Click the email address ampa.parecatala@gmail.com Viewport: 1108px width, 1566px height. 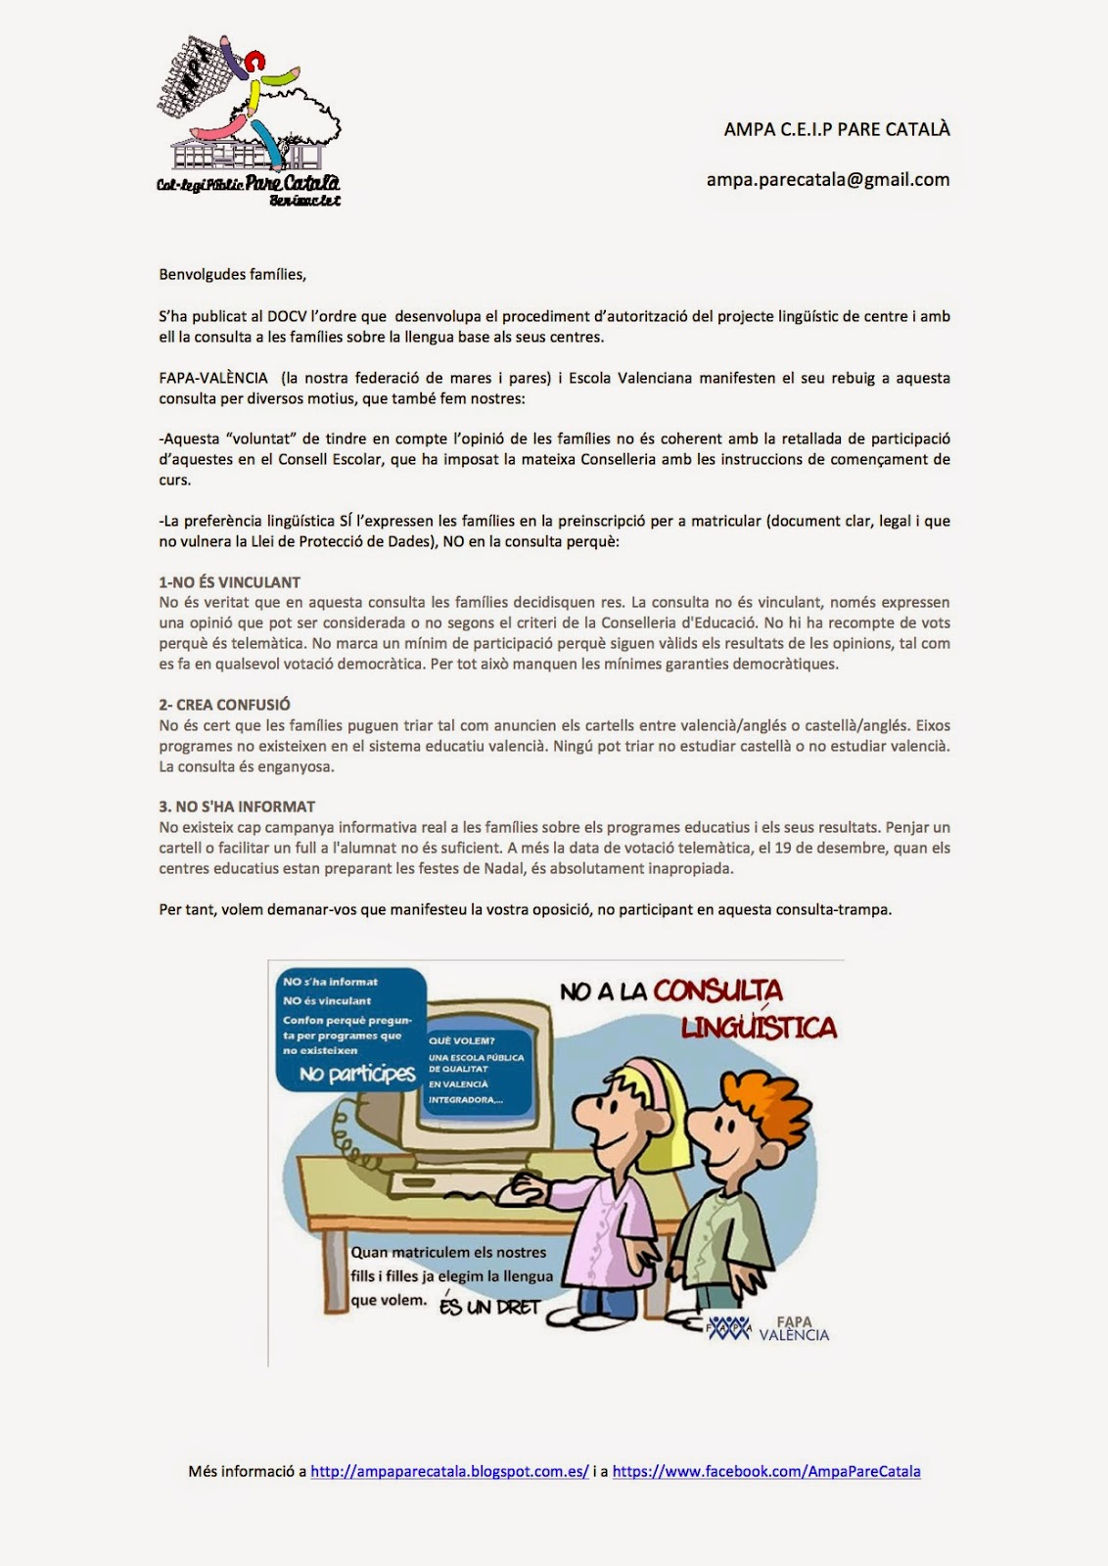(x=827, y=179)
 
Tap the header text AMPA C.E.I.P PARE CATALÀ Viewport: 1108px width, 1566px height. (x=837, y=129)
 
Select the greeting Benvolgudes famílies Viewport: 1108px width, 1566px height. (x=232, y=274)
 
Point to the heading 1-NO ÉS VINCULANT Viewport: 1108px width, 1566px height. (x=229, y=581)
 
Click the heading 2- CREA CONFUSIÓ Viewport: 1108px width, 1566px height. (x=224, y=705)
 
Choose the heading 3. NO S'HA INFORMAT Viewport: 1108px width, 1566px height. (x=237, y=806)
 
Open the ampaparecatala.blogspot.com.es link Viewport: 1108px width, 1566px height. (x=449, y=1471)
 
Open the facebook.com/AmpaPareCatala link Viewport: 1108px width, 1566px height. (x=766, y=1471)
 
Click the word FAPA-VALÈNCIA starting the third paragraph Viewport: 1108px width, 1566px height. (x=213, y=378)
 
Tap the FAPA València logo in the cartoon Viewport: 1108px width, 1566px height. (x=768, y=1328)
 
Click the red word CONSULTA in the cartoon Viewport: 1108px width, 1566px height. (x=717, y=990)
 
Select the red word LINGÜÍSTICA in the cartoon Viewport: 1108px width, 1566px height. (x=759, y=1027)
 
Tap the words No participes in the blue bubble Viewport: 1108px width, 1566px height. (x=357, y=1074)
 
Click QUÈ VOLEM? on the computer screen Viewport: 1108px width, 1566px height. (x=462, y=1040)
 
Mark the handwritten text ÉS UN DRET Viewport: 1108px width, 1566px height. (x=489, y=1307)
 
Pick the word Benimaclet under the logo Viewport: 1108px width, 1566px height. (x=304, y=201)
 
